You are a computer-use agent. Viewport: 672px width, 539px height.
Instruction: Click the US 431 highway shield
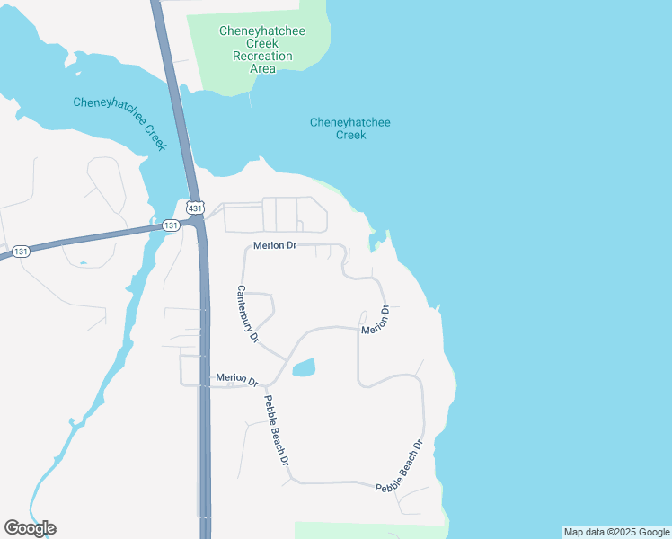[194, 208]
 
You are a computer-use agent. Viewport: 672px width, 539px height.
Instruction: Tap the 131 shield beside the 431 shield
[171, 226]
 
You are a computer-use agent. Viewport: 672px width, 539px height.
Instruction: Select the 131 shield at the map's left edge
[22, 251]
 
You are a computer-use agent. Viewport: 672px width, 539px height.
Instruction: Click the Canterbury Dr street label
[247, 314]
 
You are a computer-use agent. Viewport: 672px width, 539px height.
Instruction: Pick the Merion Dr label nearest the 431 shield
[275, 245]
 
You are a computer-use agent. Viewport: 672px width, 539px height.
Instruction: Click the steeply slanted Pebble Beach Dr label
[276, 429]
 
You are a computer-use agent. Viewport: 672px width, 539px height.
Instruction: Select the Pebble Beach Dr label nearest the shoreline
[399, 464]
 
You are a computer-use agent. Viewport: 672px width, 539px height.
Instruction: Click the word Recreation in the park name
[262, 56]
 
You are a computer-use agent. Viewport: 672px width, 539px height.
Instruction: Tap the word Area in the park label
[262, 68]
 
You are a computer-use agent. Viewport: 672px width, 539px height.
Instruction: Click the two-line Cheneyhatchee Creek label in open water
[350, 128]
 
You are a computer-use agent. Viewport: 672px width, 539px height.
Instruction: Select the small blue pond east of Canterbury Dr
[305, 367]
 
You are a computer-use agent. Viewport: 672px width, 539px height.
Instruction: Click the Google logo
[30, 528]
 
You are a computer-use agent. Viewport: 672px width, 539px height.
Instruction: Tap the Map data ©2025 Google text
[616, 532]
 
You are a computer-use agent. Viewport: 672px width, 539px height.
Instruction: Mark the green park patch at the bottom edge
[368, 530]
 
